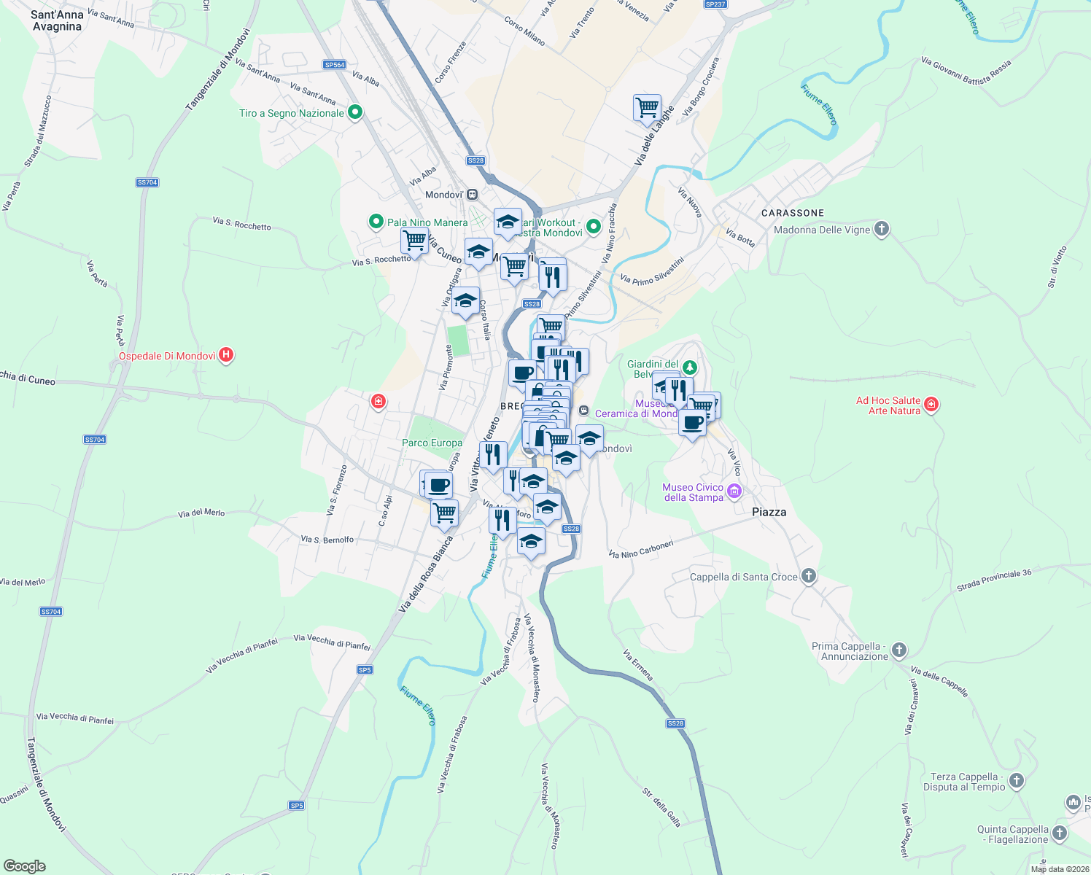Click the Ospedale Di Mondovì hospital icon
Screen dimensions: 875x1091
[226, 356]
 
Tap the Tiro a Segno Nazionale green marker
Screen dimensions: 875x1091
[355, 112]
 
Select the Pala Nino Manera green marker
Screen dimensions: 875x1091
[376, 222]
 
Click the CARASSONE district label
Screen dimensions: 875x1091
[792, 213]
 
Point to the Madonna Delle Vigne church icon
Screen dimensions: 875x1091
[882, 230]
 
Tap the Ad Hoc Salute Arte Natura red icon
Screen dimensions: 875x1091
[931, 405]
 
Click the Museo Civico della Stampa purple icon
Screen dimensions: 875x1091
[734, 491]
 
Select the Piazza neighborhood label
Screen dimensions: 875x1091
[769, 512]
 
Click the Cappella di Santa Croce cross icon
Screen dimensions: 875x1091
[808, 577]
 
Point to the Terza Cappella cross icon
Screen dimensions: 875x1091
[1016, 782]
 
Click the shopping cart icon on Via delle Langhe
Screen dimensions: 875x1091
[647, 108]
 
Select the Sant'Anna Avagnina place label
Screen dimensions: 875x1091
[57, 20]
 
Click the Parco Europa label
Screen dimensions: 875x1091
[432, 443]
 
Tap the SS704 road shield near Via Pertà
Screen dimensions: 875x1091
[147, 182]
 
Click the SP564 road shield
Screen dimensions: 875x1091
[335, 65]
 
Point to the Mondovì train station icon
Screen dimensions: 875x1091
[473, 195]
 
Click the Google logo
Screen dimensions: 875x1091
[25, 866]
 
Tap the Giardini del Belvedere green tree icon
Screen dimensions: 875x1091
[689, 367]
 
